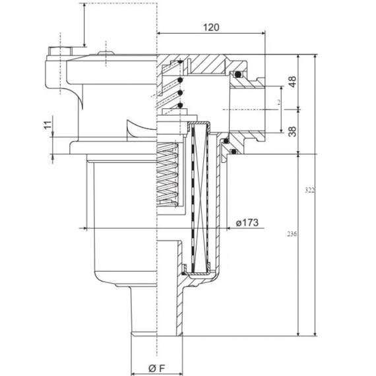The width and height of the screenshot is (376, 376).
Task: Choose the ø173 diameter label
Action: [x=246, y=223]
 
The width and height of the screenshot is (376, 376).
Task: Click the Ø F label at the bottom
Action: [x=156, y=367]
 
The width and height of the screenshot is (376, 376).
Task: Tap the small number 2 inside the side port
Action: [x=279, y=103]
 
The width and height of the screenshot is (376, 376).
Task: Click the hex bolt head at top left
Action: [x=57, y=51]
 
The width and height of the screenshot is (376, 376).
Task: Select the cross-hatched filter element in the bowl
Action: [x=198, y=198]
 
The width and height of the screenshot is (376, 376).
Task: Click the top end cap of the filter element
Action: [x=198, y=125]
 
